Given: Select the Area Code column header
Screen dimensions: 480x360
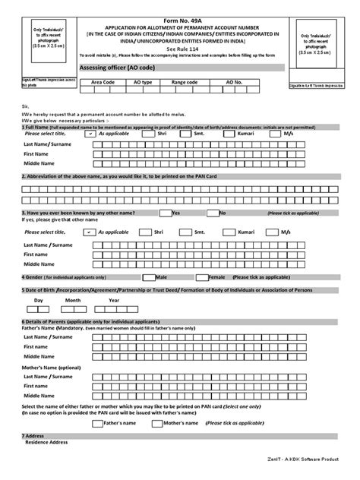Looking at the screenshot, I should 103,80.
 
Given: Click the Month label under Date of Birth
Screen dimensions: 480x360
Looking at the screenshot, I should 73,300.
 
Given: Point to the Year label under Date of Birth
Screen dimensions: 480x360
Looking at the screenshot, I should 114,300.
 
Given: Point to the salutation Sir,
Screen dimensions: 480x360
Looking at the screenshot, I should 26,107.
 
